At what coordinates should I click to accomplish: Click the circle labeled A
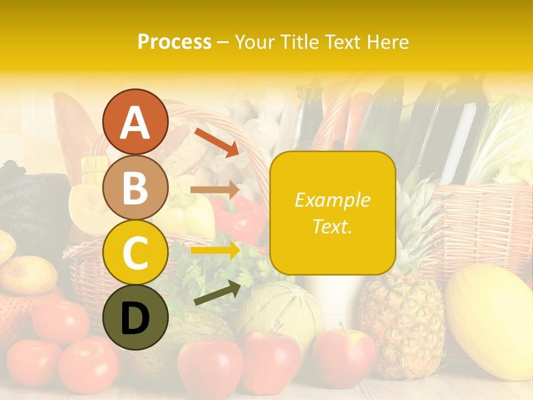click(x=135, y=122)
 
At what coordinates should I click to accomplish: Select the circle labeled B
click(x=135, y=187)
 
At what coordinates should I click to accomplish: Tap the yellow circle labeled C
click(x=135, y=252)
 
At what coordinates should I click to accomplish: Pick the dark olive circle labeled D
click(x=135, y=317)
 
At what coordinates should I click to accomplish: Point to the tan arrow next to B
click(x=215, y=190)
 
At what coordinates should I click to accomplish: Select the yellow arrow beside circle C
click(x=215, y=251)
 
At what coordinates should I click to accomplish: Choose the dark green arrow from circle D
click(x=217, y=293)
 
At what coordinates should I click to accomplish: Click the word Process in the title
click(x=174, y=42)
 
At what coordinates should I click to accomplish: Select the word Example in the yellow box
click(x=333, y=200)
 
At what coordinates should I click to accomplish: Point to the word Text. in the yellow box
click(x=333, y=226)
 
